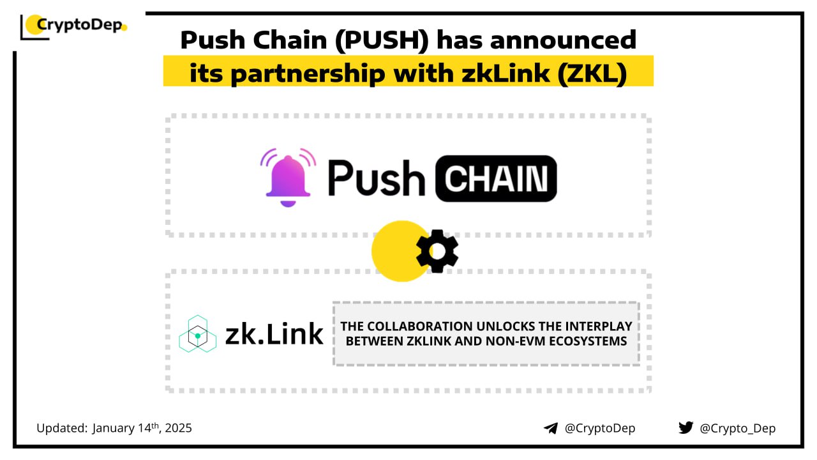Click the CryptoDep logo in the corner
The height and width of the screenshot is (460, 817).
74,26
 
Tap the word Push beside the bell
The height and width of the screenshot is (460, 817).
377,178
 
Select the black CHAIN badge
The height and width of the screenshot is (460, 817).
495,178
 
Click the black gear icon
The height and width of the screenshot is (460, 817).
437,251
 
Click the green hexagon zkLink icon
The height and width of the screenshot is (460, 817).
197,333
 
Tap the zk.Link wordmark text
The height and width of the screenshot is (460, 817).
274,334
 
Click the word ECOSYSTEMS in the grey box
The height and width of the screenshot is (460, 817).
587,341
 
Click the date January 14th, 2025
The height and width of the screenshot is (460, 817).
142,427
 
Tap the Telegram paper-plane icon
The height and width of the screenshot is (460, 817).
550,428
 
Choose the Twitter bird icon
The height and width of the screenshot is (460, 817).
686,428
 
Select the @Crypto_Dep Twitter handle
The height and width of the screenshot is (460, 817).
737,428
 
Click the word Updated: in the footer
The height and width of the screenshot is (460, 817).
62,427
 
